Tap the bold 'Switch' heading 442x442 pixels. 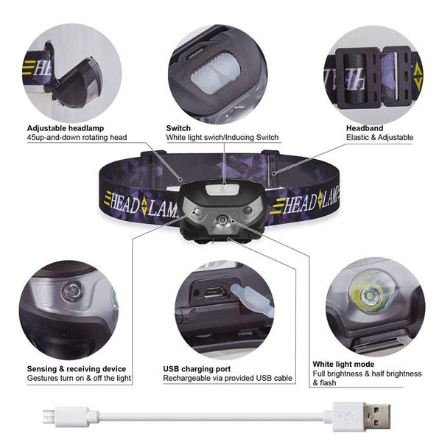tap(178, 127)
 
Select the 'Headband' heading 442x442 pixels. tap(365, 127)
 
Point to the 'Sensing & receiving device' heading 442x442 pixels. tap(77, 368)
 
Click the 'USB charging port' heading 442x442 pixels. tap(197, 368)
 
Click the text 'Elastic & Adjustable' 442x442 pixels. tap(379, 137)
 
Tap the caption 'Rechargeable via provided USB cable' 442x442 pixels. tap(228, 378)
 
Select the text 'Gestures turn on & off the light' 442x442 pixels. tap(79, 378)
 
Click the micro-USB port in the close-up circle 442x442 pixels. tap(215, 292)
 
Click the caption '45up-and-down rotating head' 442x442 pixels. tap(77, 137)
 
